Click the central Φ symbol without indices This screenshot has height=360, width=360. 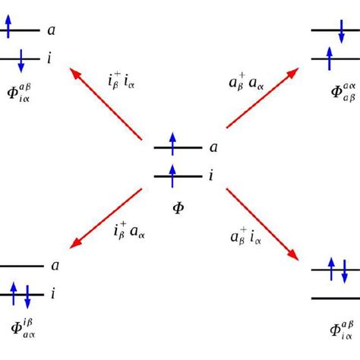pos(178,206)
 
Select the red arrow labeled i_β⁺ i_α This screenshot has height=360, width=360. pos(106,103)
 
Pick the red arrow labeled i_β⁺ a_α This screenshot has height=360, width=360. pos(106,220)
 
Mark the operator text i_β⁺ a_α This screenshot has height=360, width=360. pos(128,229)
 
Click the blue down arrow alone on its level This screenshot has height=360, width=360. pos(21,60)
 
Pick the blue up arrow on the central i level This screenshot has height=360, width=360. pos(172,172)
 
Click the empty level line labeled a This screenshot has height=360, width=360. pos(21,266)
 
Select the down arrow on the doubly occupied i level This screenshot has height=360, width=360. pos(27,294)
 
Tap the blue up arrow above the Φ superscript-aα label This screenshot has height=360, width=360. pos(329,56)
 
